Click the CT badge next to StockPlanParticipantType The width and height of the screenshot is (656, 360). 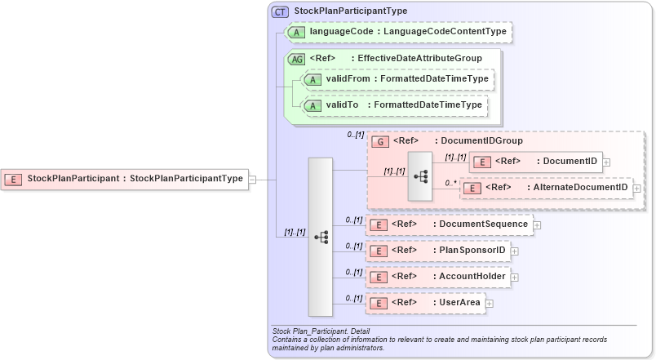(x=280, y=11)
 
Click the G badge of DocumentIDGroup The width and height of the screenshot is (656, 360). (x=379, y=141)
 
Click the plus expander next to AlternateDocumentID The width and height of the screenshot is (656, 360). (x=636, y=189)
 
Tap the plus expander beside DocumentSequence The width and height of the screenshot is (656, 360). (x=536, y=224)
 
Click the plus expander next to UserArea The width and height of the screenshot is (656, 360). (x=489, y=304)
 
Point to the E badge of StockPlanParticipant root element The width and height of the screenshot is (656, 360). (x=13, y=179)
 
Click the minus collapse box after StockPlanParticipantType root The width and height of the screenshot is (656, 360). (x=252, y=179)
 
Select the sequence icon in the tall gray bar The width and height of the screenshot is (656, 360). (x=321, y=237)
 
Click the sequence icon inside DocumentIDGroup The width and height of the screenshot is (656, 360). (x=421, y=176)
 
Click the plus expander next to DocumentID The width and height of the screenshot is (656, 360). (x=606, y=162)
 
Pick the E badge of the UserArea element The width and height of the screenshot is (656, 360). (x=378, y=303)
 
